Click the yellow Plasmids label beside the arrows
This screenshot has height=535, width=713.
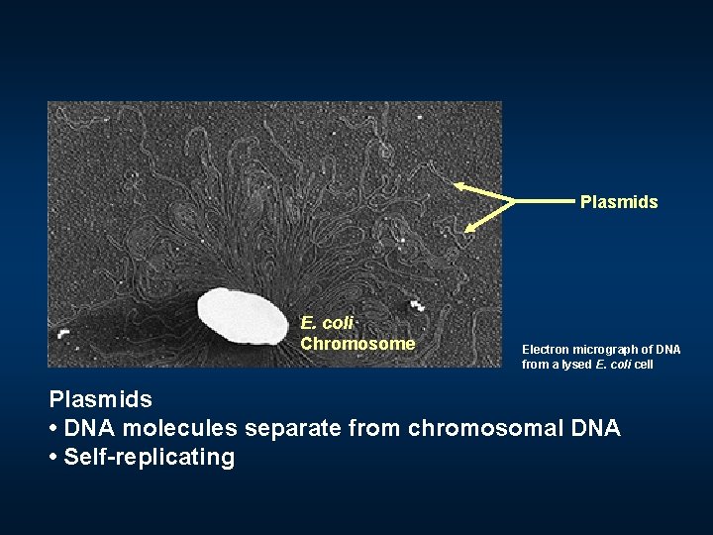coord(619,202)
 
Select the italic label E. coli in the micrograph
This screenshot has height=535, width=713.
coord(327,323)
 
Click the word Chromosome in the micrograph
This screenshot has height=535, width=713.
coord(357,344)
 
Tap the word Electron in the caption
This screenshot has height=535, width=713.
coord(545,350)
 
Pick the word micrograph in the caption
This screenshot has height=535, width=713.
coord(605,350)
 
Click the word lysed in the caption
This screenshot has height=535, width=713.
coord(577,365)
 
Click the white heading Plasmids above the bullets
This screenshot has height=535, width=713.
coord(101,399)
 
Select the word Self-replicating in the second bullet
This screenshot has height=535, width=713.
coord(150,457)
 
